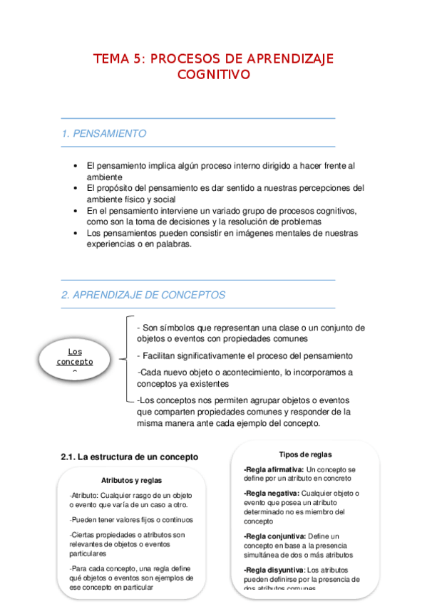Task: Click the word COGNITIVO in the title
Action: point(213,74)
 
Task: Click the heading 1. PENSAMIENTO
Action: point(104,133)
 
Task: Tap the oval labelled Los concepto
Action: point(75,358)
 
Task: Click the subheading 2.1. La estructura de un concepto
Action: point(129,457)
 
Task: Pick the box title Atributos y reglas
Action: point(131,480)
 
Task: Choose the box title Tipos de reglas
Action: point(304,454)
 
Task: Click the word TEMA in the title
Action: point(111,58)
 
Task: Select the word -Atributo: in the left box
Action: point(84,496)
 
